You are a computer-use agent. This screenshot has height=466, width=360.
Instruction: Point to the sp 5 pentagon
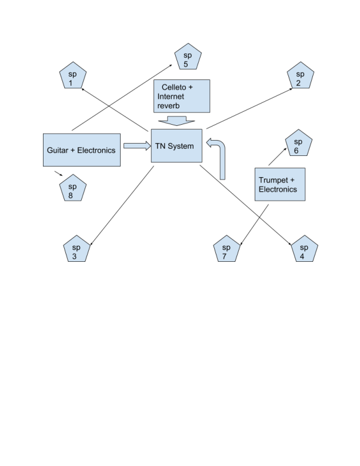tap(188, 56)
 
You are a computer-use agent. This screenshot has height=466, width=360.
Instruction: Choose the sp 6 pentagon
tap(298, 145)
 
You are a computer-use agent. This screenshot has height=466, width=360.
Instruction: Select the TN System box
tap(177, 146)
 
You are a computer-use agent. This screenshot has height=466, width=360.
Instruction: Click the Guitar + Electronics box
tap(82, 150)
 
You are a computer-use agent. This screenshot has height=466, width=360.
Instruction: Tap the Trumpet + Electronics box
tap(279, 184)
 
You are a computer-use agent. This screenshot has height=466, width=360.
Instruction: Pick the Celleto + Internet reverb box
tap(182, 96)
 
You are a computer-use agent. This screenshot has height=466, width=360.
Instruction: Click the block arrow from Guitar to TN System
tap(136, 145)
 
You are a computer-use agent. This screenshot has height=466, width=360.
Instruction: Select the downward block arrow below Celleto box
tap(176, 121)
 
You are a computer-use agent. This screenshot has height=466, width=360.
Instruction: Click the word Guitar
tap(59, 150)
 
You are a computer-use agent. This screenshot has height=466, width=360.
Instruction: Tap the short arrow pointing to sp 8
tap(58, 174)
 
